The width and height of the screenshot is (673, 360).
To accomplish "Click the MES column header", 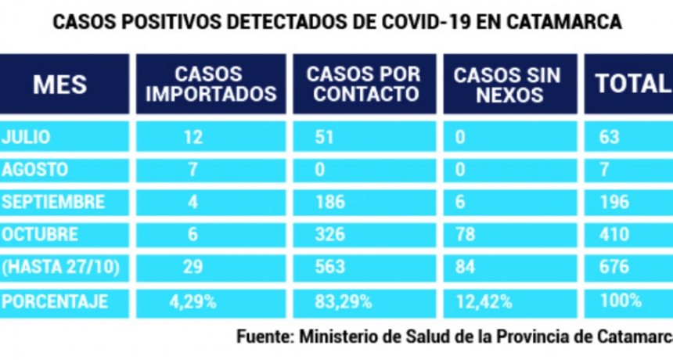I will tap(60, 85).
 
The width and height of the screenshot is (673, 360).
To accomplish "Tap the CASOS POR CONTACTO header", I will tap(363, 85).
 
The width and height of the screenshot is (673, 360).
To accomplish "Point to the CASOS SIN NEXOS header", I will tap(507, 85).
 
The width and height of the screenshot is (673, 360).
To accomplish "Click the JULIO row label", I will tap(26, 137).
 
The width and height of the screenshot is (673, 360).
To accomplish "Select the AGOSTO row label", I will tap(34, 170).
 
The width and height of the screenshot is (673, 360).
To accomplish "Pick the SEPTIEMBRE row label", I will tap(52, 202).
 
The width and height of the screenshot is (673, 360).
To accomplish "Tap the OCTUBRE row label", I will tap(40, 235).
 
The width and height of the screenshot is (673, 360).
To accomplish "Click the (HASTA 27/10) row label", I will tap(61, 268).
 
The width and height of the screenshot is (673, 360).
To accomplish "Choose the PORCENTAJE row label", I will tap(54, 301).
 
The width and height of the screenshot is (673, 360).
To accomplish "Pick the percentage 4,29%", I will tap(191, 301).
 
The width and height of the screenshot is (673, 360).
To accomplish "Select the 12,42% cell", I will tap(483, 301).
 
